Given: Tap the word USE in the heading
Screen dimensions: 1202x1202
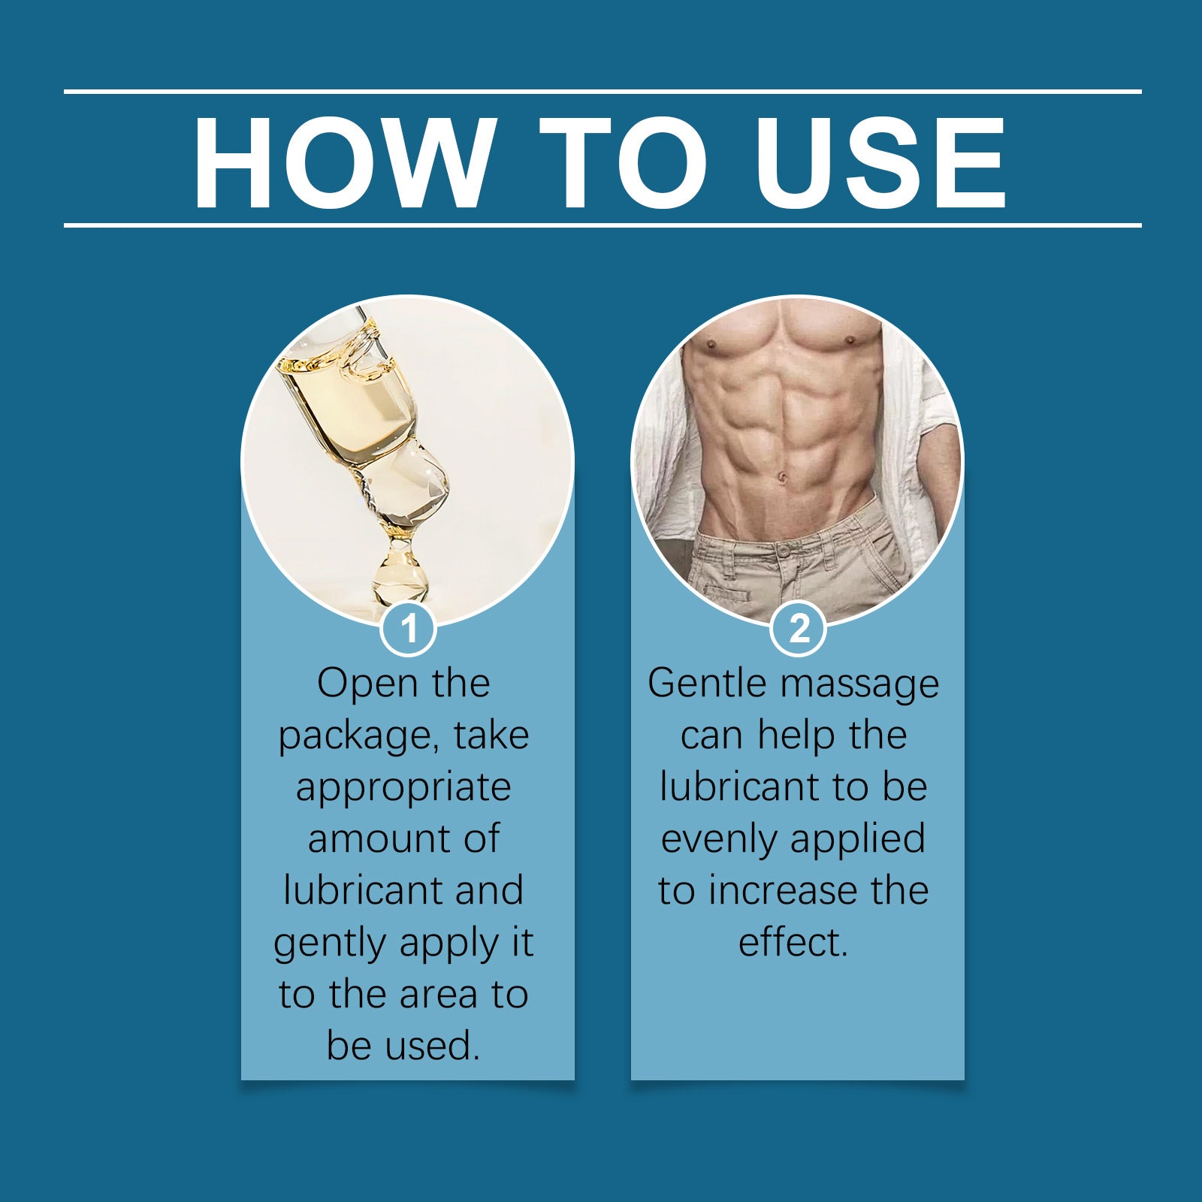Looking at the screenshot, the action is tap(880, 162).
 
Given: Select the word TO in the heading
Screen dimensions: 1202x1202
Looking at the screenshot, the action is tap(623, 162).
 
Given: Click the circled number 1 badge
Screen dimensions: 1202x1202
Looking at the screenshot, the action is tap(409, 628).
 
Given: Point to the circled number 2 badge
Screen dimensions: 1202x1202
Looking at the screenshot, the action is tap(798, 628).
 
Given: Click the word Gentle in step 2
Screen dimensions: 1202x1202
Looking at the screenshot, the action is tap(709, 684).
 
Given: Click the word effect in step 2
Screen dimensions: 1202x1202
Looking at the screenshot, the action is tap(789, 943).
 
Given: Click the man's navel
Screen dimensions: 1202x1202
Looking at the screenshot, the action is tap(782, 476).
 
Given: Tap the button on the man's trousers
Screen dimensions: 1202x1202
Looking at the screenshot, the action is tap(784, 551).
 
